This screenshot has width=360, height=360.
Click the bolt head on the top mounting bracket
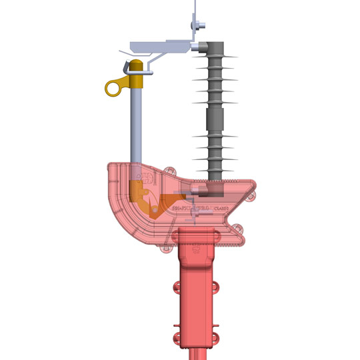tap(199, 26)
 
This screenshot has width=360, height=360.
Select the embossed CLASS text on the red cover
tap(223, 208)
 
